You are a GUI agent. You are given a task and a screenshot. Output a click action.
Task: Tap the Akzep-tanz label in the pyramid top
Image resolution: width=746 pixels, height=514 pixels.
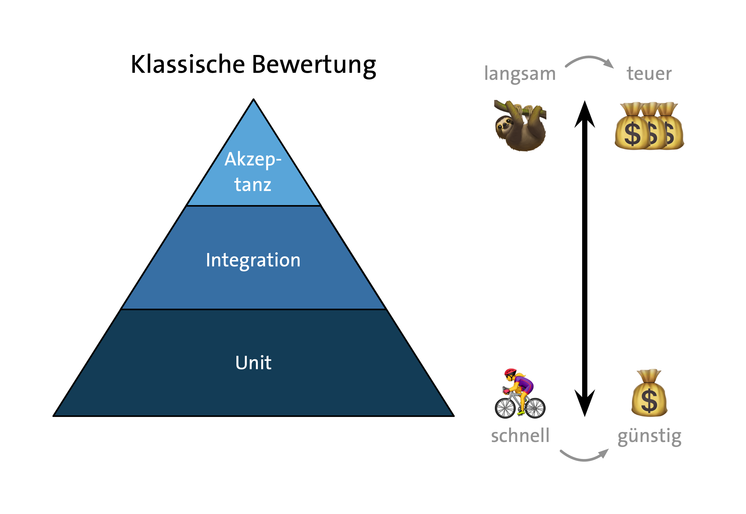coord(253,172)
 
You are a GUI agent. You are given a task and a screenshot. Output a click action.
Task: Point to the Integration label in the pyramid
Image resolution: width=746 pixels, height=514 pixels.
coord(253,260)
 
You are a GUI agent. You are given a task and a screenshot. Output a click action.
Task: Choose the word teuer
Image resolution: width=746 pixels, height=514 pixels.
coord(649,73)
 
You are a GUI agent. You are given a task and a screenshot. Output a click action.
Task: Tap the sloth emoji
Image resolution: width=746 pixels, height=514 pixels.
coord(520,125)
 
